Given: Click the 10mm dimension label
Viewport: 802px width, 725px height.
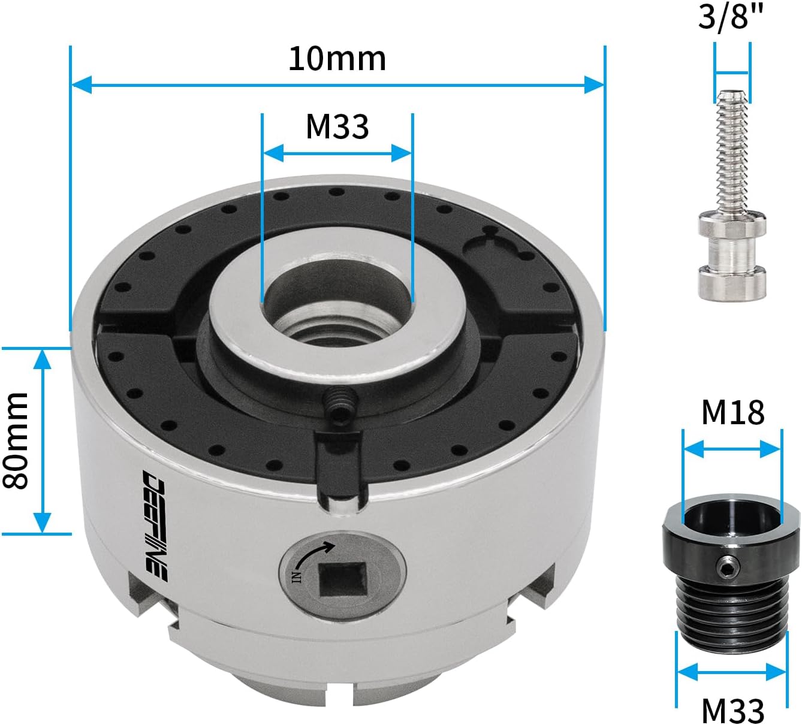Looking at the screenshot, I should click(x=337, y=59).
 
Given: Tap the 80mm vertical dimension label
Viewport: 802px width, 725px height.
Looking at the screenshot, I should click(x=16, y=440).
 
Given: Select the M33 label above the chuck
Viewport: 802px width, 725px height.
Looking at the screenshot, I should click(x=337, y=126).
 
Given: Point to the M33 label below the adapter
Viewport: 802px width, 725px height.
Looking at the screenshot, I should click(x=732, y=711).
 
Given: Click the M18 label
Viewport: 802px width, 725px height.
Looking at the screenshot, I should click(x=732, y=412).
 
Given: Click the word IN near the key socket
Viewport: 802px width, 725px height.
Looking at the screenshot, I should click(x=297, y=576).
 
